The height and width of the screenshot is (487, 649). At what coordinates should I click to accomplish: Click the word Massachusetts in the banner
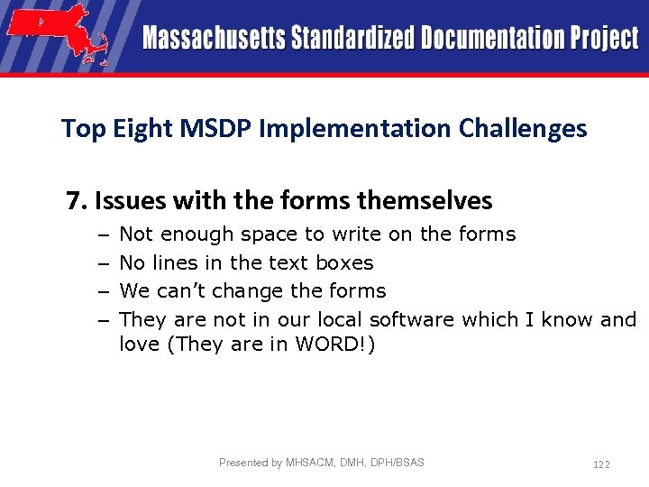pyautogui.click(x=212, y=39)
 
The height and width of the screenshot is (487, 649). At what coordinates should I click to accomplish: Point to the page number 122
pyautogui.click(x=601, y=464)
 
